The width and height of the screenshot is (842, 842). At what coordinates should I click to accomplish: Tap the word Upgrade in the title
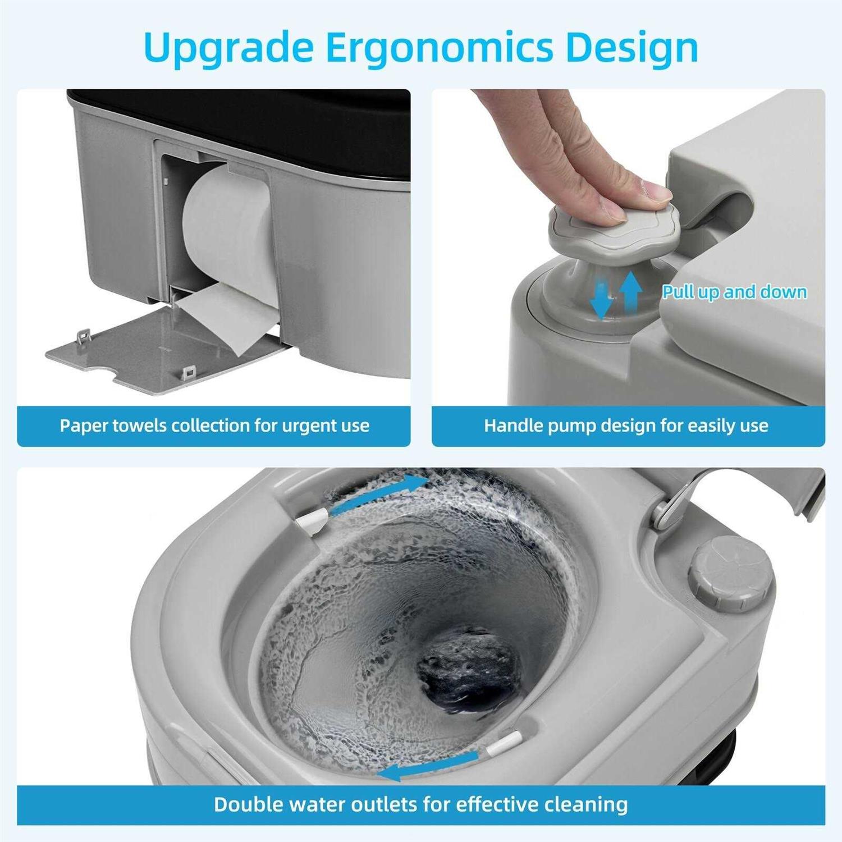[x=227, y=48]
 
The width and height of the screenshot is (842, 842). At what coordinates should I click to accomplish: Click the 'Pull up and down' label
[x=734, y=292]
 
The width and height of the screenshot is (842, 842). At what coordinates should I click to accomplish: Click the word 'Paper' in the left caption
[x=84, y=425]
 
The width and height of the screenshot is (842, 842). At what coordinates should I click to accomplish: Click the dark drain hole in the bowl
[x=466, y=671]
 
